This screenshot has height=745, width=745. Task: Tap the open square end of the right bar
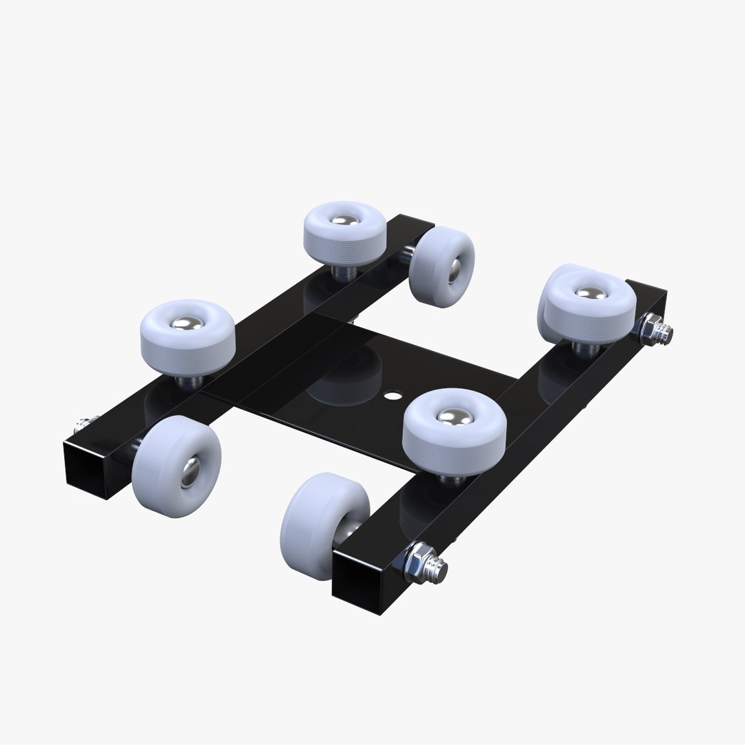359,572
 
